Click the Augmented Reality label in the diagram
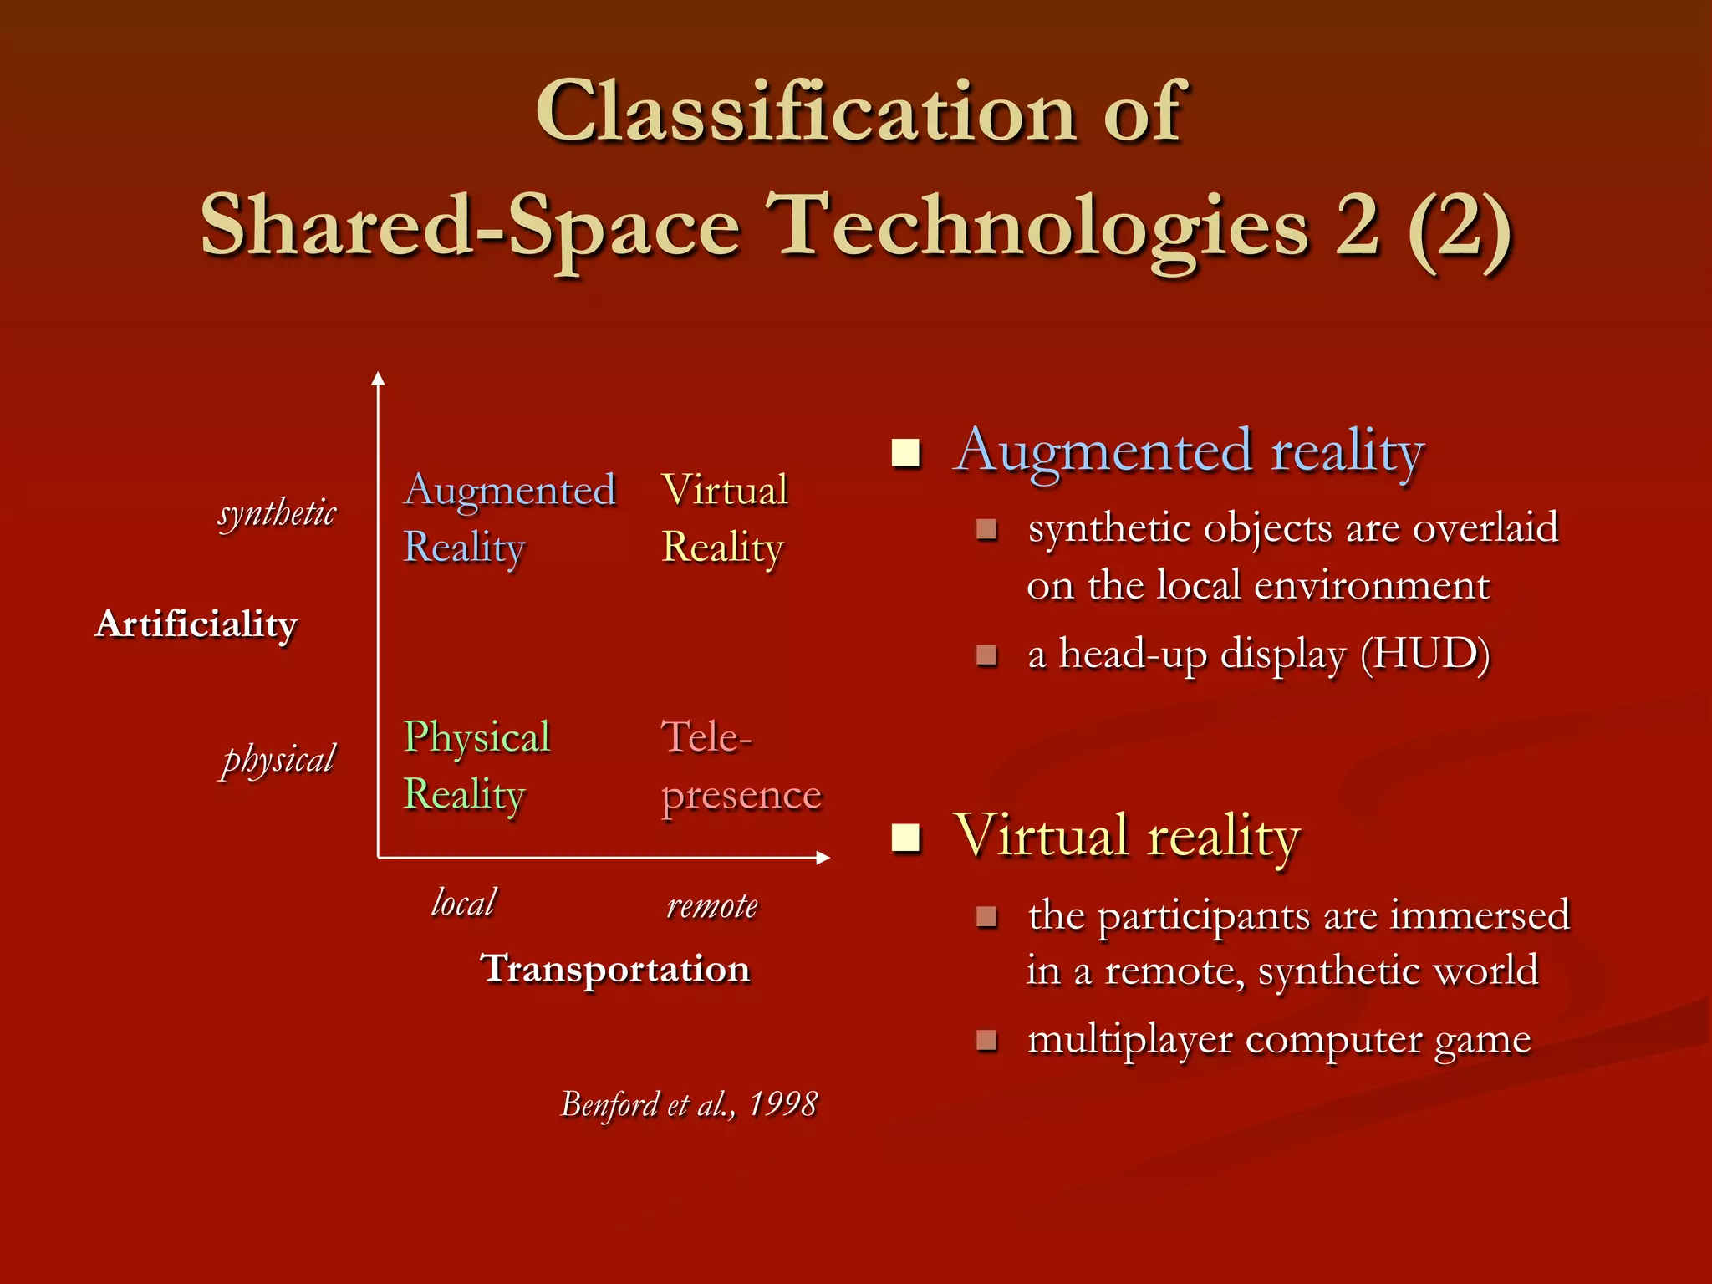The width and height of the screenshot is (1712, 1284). tap(509, 518)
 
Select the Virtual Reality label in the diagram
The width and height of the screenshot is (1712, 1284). tap(724, 518)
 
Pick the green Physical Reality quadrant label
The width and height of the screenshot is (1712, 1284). tap(476, 765)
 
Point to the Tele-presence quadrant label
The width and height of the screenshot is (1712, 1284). tap(741, 765)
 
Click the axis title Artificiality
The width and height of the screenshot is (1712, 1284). tap(196, 624)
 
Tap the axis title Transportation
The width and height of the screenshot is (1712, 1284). tap(615, 969)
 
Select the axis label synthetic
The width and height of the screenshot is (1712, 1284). tap(277, 512)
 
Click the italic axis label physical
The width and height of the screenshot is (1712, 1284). tap(278, 759)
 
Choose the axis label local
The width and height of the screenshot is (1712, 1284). tap(463, 903)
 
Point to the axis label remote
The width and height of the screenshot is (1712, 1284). tap(712, 905)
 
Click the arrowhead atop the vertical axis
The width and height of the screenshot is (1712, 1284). tap(378, 379)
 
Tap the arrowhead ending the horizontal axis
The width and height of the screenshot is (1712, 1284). tap(823, 858)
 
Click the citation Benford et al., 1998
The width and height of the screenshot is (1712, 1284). tap(689, 1104)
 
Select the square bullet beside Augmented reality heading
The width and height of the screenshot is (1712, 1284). tap(905, 453)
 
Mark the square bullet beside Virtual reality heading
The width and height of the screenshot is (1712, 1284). tap(905, 838)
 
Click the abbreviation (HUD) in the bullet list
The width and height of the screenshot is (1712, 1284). tap(1424, 654)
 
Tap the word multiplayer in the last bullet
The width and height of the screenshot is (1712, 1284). tap(1129, 1040)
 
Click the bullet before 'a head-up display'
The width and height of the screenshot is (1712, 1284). tap(986, 655)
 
